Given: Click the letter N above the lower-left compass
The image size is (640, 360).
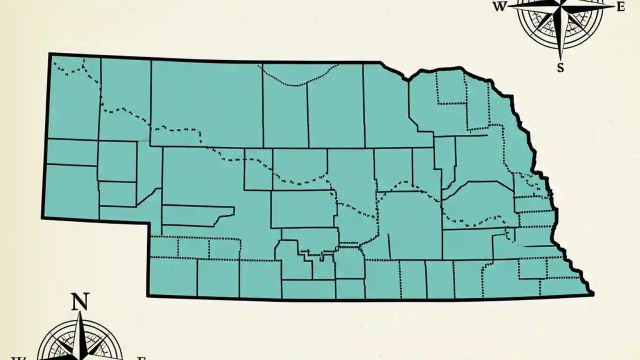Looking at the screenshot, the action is (80, 302).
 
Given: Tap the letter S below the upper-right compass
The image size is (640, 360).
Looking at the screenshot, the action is (560, 68).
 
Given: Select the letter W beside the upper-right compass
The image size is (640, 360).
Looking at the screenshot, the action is (499, 7).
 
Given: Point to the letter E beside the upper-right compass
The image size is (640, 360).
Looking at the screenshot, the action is (621, 7).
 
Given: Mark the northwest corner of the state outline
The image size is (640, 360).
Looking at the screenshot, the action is (50, 54).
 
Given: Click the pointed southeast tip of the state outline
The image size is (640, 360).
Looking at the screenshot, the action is (592, 294).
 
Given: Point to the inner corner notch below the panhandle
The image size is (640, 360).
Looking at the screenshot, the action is (148, 221).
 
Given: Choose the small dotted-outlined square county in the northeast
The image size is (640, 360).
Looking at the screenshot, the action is (452, 88).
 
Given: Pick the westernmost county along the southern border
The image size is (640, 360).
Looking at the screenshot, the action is (173, 277).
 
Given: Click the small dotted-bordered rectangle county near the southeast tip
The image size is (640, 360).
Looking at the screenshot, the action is (532, 268).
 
